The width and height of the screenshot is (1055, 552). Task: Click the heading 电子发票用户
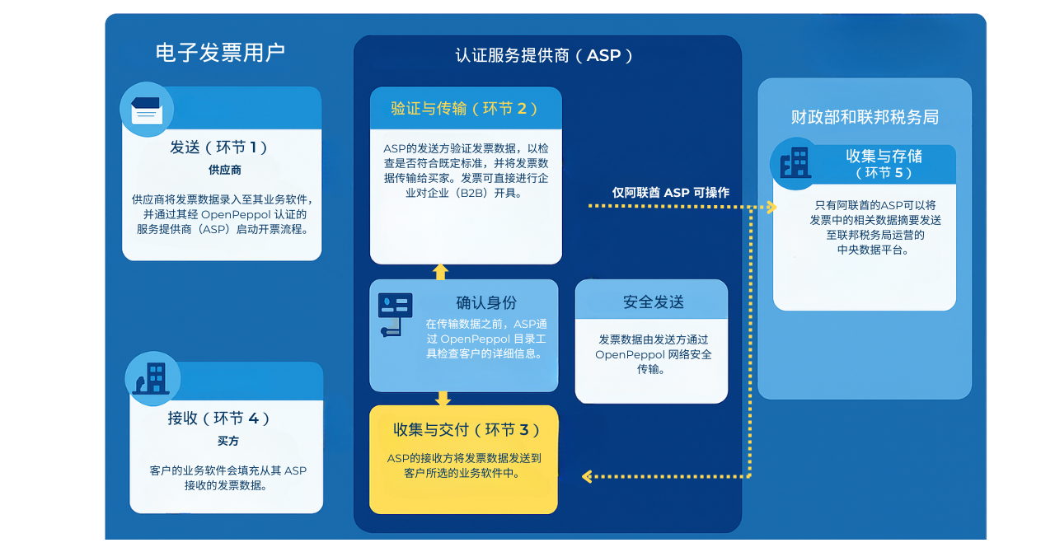pyautogui.click(x=220, y=54)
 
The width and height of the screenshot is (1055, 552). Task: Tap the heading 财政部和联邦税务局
pyautogui.click(x=865, y=117)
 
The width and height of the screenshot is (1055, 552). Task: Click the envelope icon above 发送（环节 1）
pyautogui.click(x=147, y=109)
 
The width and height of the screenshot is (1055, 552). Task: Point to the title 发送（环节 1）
pyautogui.click(x=219, y=147)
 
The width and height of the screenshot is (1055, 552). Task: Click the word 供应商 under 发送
pyautogui.click(x=224, y=171)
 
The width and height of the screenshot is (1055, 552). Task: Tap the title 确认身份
pyautogui.click(x=486, y=302)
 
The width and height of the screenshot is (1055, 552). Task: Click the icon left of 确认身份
pyautogui.click(x=394, y=314)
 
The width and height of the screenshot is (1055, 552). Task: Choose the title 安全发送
pyautogui.click(x=653, y=302)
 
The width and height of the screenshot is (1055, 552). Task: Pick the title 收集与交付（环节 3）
pyautogui.click(x=467, y=430)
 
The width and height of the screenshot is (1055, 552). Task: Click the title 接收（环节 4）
pyautogui.click(x=219, y=419)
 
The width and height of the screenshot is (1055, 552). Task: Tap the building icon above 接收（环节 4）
pyautogui.click(x=151, y=378)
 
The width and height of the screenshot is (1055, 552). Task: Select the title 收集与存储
pyautogui.click(x=884, y=157)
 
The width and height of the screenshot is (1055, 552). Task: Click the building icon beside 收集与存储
pyautogui.click(x=795, y=162)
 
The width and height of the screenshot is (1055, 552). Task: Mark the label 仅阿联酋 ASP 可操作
pyautogui.click(x=670, y=193)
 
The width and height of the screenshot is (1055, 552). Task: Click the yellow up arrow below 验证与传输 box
pyautogui.click(x=441, y=271)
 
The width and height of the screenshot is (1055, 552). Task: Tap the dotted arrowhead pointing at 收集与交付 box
pyautogui.click(x=587, y=476)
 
